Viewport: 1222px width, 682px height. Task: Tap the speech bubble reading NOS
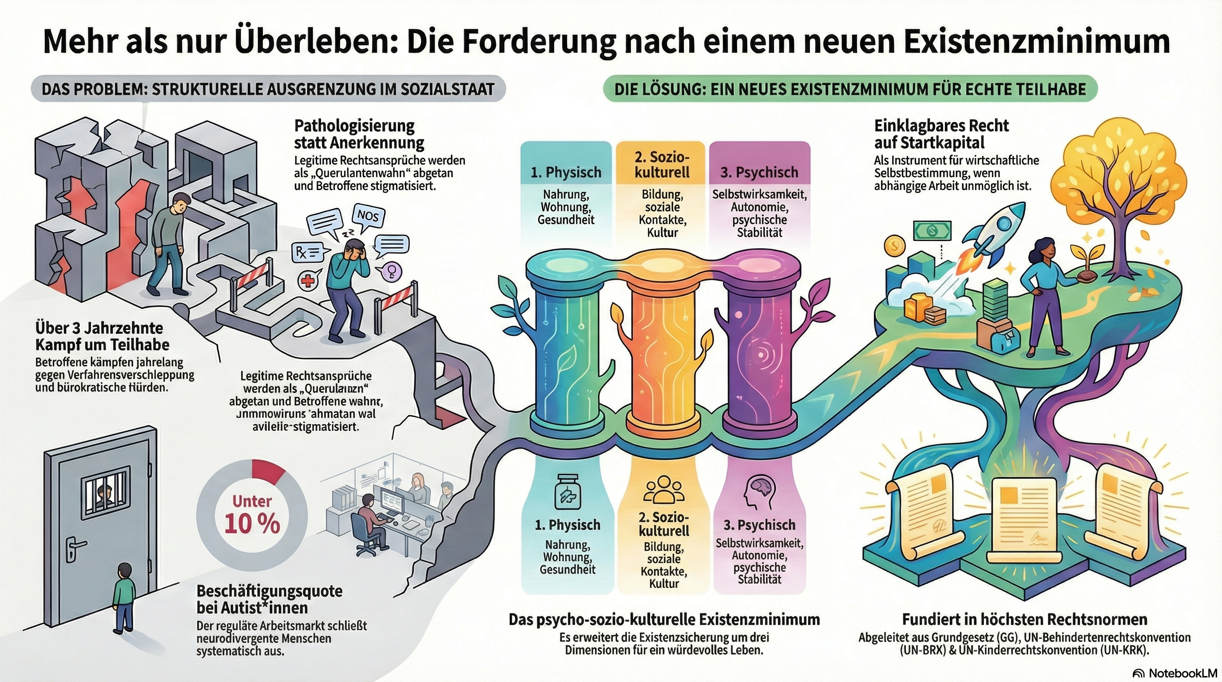[x=368, y=216]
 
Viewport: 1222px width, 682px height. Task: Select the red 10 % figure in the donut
[x=252, y=523]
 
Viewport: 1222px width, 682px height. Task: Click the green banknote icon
[x=932, y=231]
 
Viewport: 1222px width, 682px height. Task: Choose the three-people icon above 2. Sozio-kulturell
[x=664, y=502]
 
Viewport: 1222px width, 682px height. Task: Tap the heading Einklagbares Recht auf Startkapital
[x=941, y=134]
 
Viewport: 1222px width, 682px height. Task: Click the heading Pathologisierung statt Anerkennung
[x=359, y=134]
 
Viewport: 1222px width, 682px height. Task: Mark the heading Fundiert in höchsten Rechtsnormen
[x=1025, y=619]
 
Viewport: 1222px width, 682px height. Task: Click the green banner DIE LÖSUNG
[x=849, y=89]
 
